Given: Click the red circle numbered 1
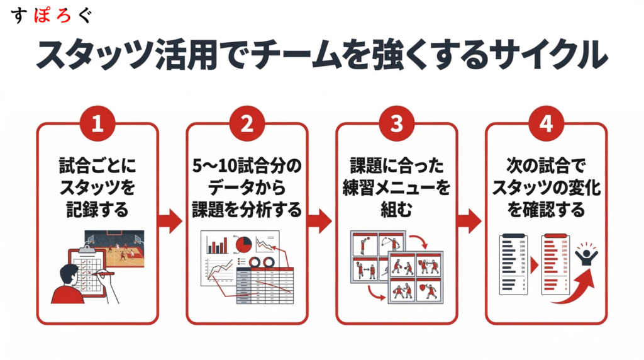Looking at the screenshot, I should click(97, 123).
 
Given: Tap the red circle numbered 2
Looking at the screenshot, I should click(247, 123).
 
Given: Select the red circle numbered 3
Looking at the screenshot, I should click(396, 123).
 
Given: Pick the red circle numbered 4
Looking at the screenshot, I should click(546, 123).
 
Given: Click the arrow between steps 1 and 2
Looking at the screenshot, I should click(172, 221).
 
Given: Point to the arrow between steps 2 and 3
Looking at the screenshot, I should click(321, 221).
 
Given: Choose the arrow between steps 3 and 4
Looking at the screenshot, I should click(471, 221).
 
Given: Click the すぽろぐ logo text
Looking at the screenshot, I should click(52, 16).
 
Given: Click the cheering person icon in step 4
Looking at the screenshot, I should click(587, 256).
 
